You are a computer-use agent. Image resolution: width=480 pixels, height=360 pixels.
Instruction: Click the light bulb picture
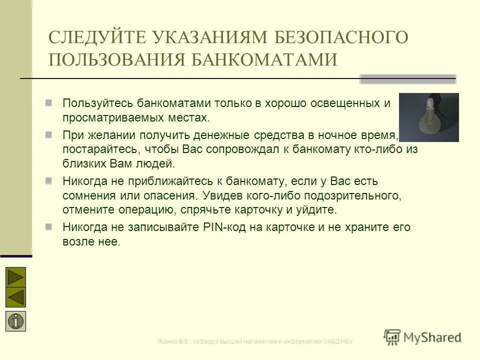(428, 117)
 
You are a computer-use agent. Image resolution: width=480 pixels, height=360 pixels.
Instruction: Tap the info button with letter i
(16, 321)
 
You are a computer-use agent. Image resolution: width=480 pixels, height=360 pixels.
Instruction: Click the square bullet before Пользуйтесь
(49, 102)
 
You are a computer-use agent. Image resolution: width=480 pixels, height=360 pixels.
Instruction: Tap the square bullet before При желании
(49, 134)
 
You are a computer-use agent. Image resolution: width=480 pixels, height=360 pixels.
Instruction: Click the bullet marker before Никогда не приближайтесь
(49, 180)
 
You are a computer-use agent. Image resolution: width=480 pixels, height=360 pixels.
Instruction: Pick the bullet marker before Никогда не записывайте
(49, 226)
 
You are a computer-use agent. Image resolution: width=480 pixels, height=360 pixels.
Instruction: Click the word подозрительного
(350, 194)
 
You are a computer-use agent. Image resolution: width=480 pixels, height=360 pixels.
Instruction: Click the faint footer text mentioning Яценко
(255, 341)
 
